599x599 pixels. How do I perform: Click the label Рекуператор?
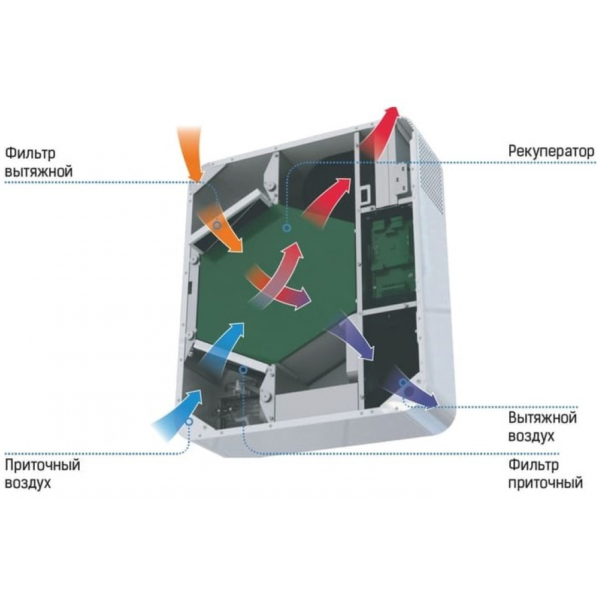pyautogui.click(x=551, y=150)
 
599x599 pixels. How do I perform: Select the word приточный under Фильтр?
pyautogui.click(x=545, y=482)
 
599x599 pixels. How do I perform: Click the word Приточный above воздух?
pyautogui.click(x=42, y=464)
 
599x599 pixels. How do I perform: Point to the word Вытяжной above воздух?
pyautogui.click(x=543, y=418)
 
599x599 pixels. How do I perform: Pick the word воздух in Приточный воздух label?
pyautogui.click(x=28, y=483)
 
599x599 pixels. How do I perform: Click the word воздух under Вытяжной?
pyautogui.click(x=531, y=436)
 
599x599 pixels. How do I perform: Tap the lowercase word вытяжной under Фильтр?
pyautogui.click(x=38, y=171)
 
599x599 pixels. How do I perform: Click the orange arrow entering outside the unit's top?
pyautogui.click(x=191, y=150)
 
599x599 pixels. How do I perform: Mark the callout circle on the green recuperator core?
pyautogui.click(x=287, y=228)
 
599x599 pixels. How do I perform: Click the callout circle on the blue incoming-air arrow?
pyautogui.click(x=189, y=422)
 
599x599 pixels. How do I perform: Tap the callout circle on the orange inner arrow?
pyautogui.click(x=217, y=225)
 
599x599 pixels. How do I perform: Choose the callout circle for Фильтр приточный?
pyautogui.click(x=243, y=370)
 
